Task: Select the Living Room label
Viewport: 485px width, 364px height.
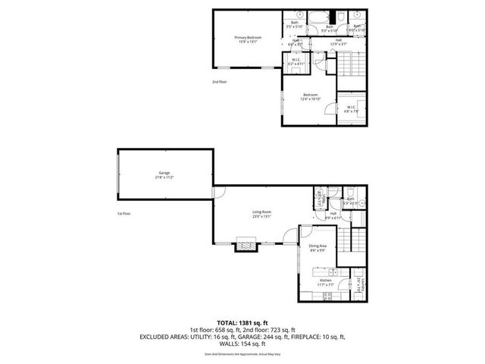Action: [262, 215]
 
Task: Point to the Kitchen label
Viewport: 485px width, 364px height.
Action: [326, 282]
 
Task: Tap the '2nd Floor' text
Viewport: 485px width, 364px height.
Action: [219, 81]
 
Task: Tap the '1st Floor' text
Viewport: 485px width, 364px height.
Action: [124, 215]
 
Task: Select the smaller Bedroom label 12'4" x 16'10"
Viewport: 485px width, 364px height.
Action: [311, 97]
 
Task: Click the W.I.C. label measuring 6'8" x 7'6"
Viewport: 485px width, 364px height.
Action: [352, 108]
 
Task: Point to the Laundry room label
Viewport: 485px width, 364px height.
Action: [352, 285]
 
